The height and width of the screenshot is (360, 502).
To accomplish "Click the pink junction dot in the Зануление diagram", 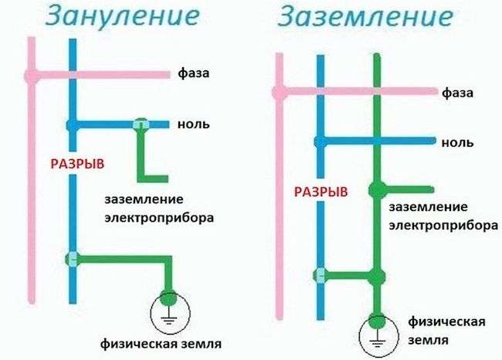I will pos(31,75).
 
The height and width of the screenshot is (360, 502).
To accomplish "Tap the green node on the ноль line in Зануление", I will pos(141,124).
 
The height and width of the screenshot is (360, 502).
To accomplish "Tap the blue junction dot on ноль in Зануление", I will pos(71,124).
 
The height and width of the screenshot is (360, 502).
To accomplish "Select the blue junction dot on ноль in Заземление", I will pos(321,142).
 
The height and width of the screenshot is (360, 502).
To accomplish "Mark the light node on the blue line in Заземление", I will pos(321,274).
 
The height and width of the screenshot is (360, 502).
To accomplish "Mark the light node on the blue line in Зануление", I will pos(72,259).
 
